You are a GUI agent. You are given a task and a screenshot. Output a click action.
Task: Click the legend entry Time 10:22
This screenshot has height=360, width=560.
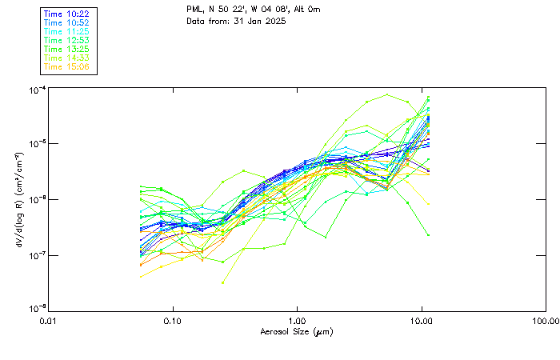pos(66,14)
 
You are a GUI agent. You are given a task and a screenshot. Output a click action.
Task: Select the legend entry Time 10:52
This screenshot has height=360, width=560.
pos(66,22)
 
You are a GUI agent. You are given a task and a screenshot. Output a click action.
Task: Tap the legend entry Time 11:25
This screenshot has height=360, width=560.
pos(66,31)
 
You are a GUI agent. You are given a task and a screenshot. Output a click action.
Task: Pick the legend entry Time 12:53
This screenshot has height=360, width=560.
pos(66,40)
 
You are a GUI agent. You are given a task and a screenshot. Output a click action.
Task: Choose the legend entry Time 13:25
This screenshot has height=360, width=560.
pos(66,49)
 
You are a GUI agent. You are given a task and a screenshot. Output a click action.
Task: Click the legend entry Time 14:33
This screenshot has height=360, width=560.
pos(66,58)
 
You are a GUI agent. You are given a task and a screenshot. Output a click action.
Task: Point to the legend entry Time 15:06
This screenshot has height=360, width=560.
pos(66,66)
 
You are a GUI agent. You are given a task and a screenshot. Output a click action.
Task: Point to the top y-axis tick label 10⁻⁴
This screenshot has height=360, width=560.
pos(37,90)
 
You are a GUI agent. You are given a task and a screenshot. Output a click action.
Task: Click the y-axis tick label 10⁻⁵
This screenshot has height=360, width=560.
pos(37,145)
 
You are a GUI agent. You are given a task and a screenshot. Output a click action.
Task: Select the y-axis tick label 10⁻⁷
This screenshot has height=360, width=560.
pos(37,255)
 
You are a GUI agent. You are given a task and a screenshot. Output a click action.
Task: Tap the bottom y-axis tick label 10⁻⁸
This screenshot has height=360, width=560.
pos(37,309)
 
